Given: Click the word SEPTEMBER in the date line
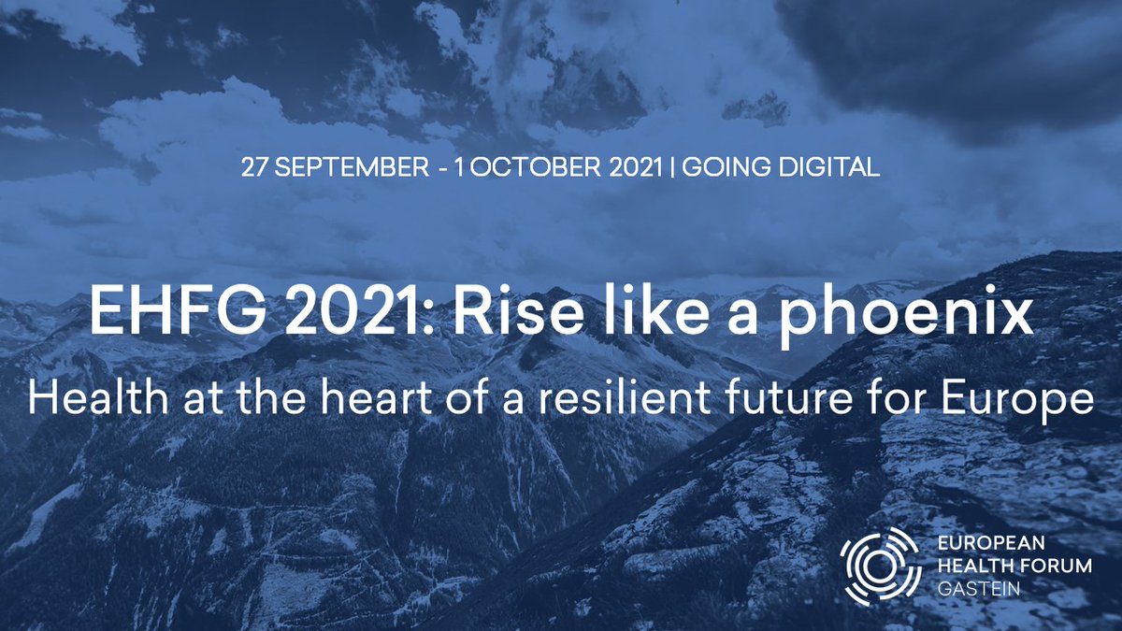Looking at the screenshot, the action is coord(352,167).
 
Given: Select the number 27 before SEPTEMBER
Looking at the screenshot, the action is coord(255,167).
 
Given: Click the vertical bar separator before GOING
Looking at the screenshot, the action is coord(671,167).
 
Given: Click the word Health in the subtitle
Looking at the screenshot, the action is coord(98,397).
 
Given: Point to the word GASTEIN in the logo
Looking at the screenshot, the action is coord(979,589).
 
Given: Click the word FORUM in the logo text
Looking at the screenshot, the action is coord(1057,566).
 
